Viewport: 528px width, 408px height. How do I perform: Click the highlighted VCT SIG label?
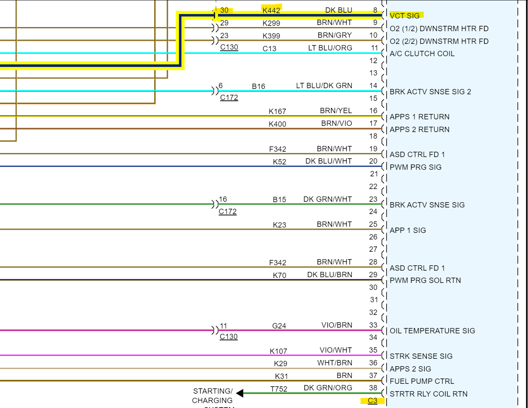[405, 16]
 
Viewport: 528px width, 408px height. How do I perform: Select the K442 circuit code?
[271, 10]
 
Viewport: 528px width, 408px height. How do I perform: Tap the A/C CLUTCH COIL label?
[422, 54]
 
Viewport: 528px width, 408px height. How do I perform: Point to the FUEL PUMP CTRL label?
[422, 381]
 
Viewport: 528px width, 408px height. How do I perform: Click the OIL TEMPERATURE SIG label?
[432, 331]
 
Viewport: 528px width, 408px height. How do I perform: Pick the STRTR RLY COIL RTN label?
[428, 394]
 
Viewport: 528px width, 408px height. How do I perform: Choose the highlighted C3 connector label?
[373, 401]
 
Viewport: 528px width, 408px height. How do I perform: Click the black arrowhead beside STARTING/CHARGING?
[240, 394]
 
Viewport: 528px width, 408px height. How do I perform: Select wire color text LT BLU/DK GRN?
[324, 86]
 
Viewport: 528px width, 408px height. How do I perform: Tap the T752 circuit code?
[279, 389]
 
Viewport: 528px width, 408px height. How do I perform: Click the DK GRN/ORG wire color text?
[328, 388]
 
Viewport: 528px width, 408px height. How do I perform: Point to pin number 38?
[373, 388]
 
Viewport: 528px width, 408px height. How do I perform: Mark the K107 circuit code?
[278, 351]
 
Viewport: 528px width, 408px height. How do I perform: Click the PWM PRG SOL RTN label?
[425, 280]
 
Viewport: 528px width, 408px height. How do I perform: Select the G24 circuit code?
[279, 326]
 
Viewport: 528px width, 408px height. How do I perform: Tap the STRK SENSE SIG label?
[421, 356]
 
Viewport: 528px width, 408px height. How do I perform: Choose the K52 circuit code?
[279, 162]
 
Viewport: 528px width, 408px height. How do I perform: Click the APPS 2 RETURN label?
[419, 130]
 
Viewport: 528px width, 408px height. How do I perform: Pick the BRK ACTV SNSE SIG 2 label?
[430, 92]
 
